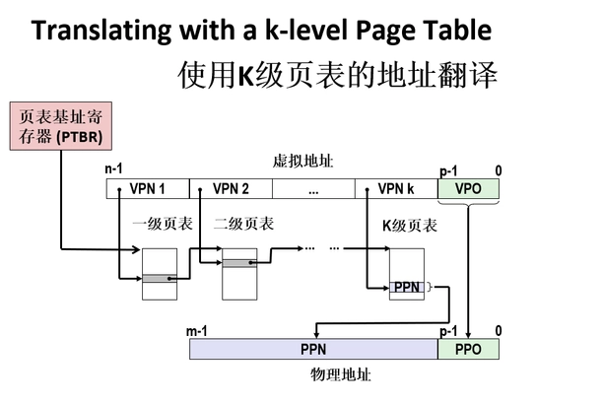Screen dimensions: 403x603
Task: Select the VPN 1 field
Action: (x=147, y=189)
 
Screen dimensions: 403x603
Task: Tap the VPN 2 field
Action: (x=231, y=189)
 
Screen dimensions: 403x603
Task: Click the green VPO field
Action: (x=469, y=189)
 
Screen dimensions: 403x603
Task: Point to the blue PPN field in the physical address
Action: (x=313, y=350)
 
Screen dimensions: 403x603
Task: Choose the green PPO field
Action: (x=469, y=350)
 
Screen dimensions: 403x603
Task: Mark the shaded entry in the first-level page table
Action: (x=157, y=279)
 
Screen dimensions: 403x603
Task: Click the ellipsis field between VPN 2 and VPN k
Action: (x=313, y=189)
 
